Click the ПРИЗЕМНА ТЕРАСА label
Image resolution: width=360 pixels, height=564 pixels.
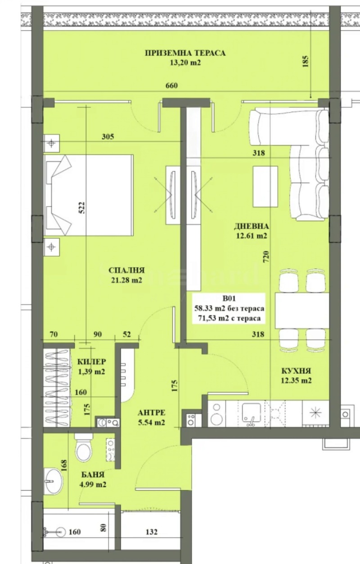(185, 53)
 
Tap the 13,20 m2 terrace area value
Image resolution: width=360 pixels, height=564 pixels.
(185, 63)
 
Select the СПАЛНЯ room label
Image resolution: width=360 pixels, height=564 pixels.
(126, 270)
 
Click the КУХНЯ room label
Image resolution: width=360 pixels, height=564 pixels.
(296, 371)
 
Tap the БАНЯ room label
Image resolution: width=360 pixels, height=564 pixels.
(94, 474)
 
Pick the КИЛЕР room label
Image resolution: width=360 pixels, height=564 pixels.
(92, 361)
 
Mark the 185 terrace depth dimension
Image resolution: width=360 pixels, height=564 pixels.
(306, 61)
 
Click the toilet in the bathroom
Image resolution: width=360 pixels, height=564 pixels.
(84, 448)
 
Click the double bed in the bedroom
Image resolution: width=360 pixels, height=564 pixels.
(89, 195)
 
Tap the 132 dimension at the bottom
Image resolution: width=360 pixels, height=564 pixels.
(152, 532)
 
